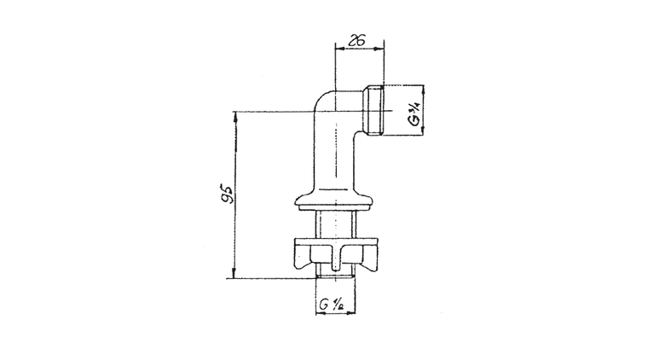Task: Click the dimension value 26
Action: click(357, 40)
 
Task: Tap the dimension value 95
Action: click(227, 195)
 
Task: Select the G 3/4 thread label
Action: click(414, 113)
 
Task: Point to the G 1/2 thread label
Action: click(332, 305)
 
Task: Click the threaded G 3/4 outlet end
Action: click(373, 110)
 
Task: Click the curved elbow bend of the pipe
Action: click(324, 102)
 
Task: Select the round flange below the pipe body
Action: click(335, 200)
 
